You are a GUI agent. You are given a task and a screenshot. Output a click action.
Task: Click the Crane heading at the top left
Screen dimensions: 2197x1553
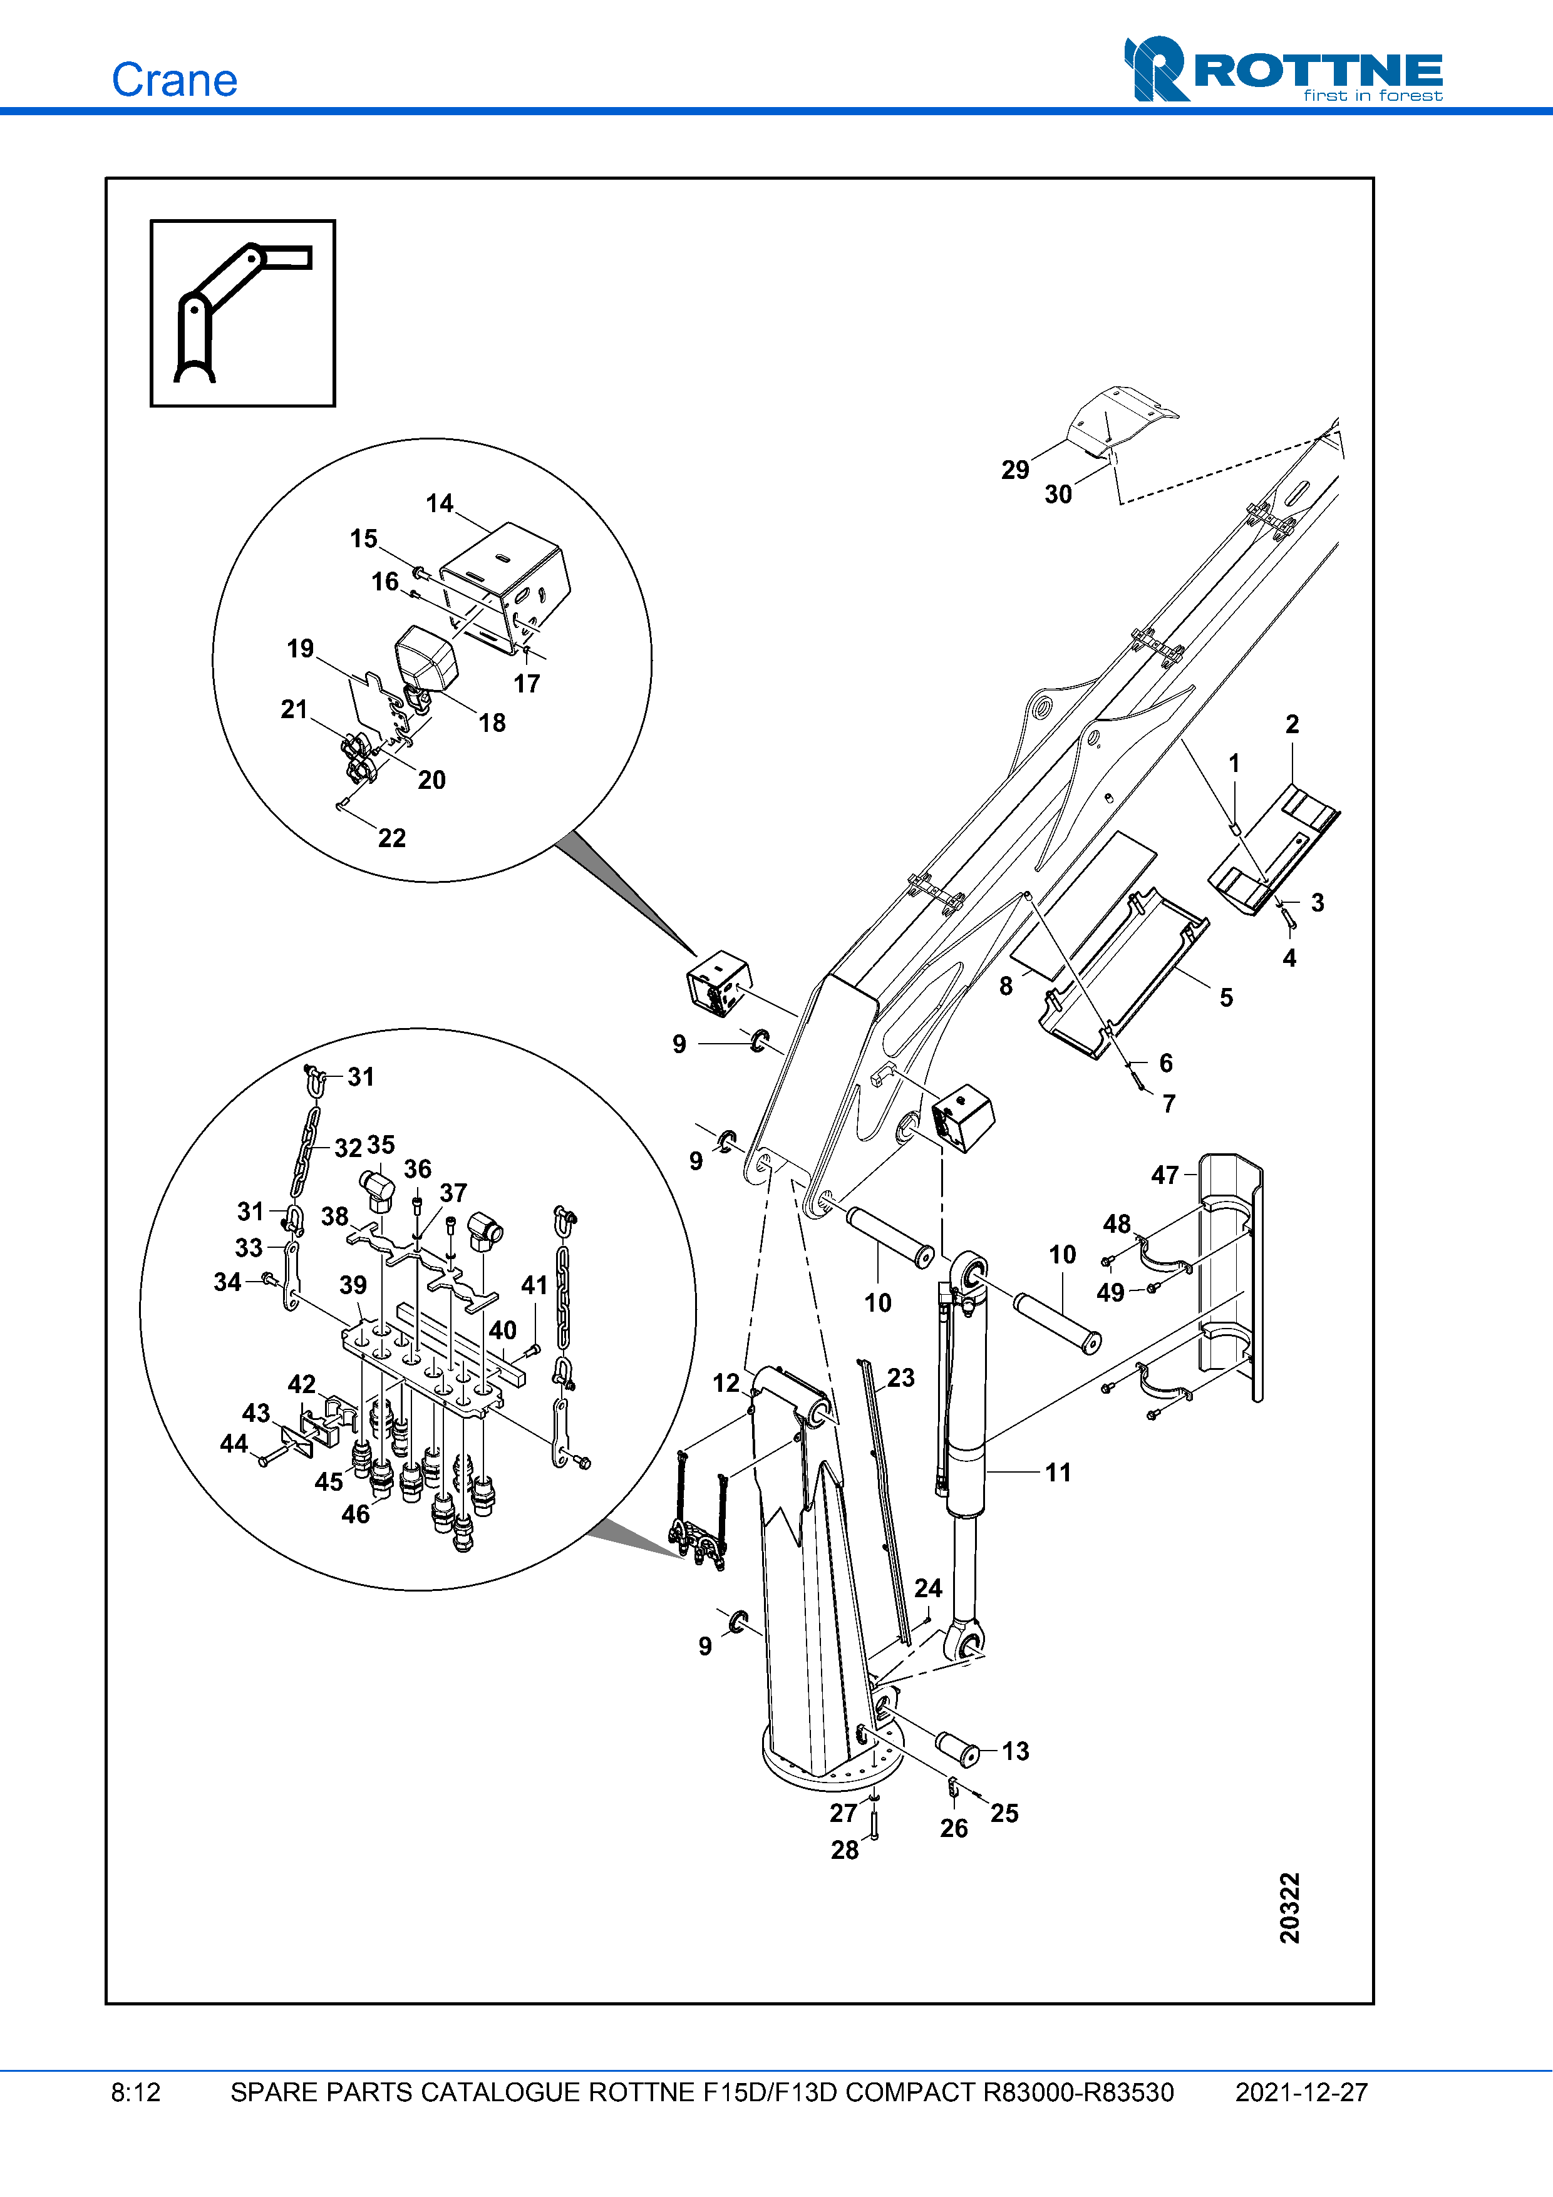174,80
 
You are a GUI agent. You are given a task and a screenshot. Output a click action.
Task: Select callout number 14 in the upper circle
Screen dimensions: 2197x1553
439,503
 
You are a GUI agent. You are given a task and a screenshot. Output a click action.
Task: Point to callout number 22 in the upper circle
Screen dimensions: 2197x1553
391,838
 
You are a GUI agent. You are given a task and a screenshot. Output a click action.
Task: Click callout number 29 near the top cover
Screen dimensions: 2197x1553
1014,470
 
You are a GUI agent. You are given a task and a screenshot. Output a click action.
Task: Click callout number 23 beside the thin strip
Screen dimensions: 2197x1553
900,1378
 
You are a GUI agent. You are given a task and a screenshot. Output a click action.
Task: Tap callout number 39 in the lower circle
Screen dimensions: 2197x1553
353,1285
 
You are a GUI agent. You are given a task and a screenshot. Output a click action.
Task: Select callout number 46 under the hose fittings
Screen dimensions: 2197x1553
355,1514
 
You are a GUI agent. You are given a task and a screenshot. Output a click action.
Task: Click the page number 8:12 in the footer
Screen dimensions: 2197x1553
136,2092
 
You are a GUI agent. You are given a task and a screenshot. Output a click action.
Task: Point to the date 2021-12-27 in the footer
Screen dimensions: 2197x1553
1301,2092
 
